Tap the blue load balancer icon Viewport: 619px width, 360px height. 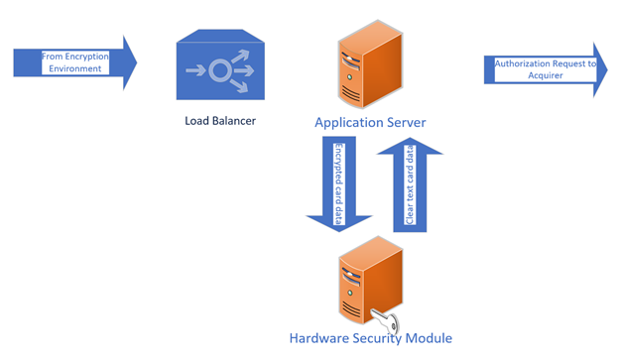(219, 69)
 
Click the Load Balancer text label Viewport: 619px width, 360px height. (220, 122)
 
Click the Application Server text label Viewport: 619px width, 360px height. (370, 123)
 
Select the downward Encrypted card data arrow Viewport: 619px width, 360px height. (338, 183)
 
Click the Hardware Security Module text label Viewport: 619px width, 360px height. (370, 338)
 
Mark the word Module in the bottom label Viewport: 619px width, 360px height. (427, 338)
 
